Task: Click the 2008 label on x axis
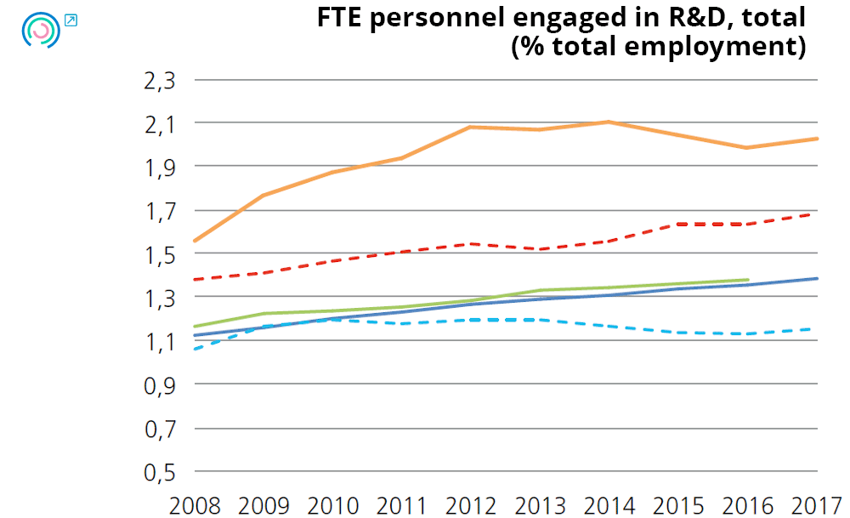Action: coord(195,505)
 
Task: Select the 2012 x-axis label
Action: coord(472,505)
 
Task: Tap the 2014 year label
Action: coord(609,505)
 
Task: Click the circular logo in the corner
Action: coord(41,30)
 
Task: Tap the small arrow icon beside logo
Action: coord(71,20)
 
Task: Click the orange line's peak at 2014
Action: coord(609,122)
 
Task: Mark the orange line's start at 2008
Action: coord(195,241)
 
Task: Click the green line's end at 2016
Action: coord(748,279)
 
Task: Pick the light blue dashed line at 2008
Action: coord(195,349)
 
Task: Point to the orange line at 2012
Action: coord(472,127)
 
